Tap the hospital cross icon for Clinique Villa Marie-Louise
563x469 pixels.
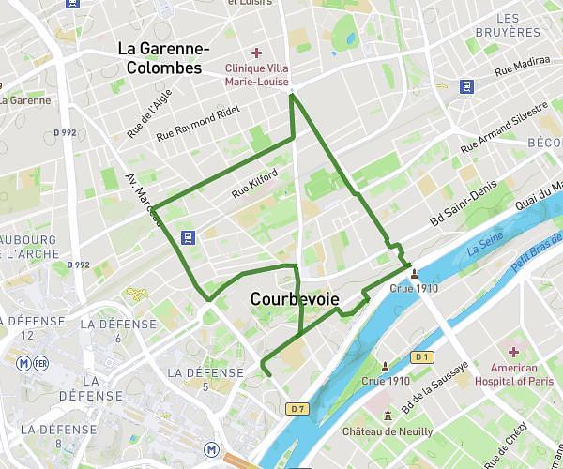pyautogui.click(x=256, y=53)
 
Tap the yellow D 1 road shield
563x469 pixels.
pyautogui.click(x=422, y=357)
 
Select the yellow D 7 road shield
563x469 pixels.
pyautogui.click(x=297, y=409)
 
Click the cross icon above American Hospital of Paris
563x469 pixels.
pyautogui.click(x=513, y=351)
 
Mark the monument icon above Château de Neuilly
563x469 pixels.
pyautogui.click(x=388, y=415)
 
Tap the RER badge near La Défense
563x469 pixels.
pyautogui.click(x=40, y=363)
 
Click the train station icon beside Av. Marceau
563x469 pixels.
pyautogui.click(x=189, y=236)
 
